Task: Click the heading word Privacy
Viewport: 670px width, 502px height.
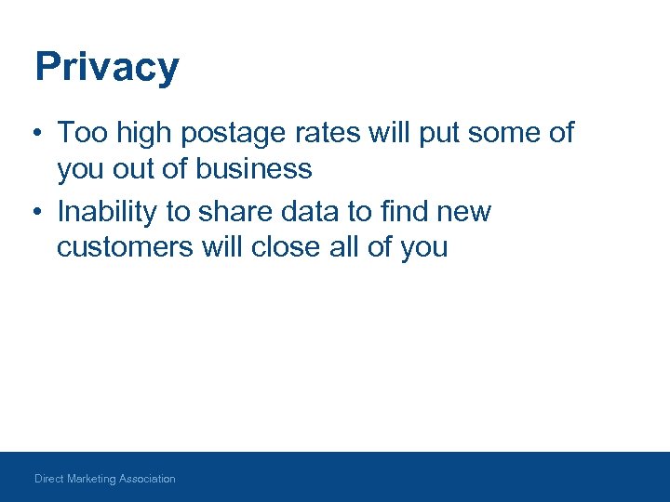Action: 106,68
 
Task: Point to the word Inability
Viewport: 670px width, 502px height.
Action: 107,212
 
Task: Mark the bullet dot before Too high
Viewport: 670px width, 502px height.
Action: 33,134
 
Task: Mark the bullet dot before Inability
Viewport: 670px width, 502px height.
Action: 33,212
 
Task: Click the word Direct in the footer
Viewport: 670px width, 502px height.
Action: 50,479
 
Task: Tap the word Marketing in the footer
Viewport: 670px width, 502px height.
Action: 92,479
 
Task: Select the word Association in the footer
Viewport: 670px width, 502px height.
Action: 147,479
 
